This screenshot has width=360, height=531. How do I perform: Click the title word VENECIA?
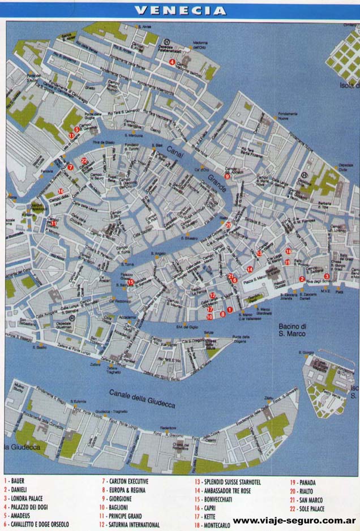pos(181,10)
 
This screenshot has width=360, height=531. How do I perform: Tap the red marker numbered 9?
pos(227,177)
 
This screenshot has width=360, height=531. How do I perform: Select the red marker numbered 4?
pos(172,62)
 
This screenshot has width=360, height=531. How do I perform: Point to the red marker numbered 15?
pos(130,282)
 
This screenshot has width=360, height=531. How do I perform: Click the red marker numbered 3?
pos(327,276)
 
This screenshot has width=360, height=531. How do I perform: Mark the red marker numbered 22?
pos(84,161)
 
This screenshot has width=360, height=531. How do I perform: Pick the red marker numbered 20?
pos(228,225)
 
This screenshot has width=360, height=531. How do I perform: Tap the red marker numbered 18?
pos(288,251)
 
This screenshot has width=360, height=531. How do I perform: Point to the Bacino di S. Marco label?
pos(292,330)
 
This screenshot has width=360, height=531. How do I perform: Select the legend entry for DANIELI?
pos(17,490)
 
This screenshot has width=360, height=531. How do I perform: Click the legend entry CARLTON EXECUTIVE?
pos(125,481)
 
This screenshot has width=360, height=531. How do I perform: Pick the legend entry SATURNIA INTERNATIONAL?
pos(130,525)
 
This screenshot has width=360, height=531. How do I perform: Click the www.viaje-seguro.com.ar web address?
pos(294,520)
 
